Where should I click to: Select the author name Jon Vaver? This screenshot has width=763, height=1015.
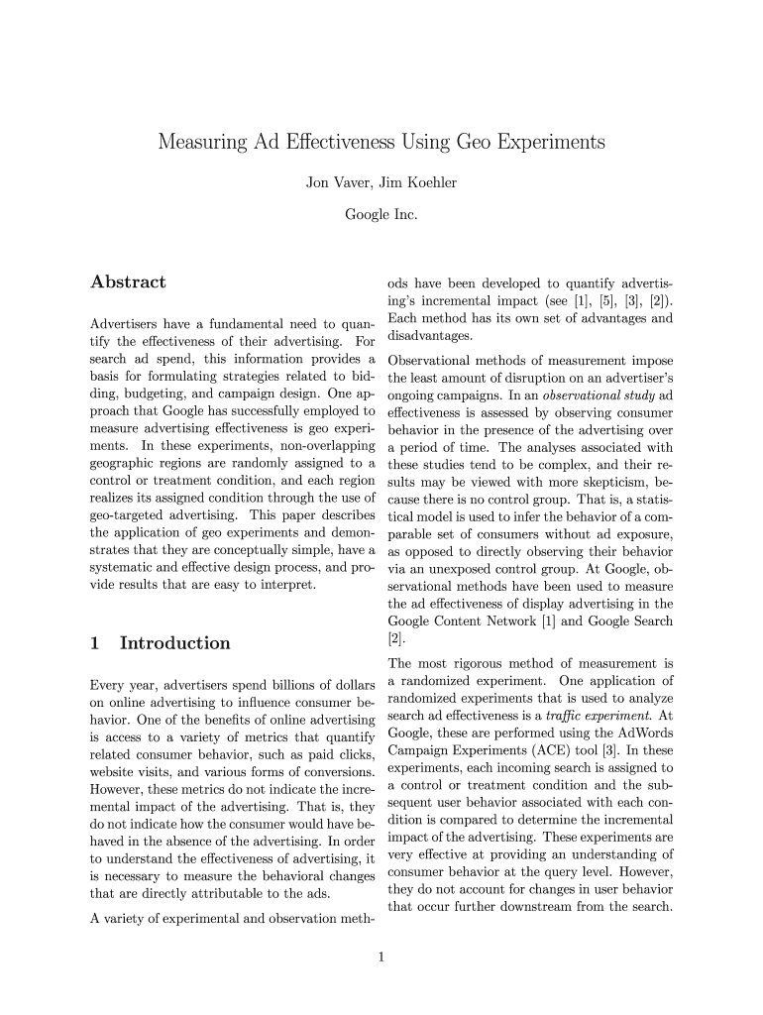pyautogui.click(x=340, y=182)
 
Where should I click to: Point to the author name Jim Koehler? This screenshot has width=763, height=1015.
pyautogui.click(x=418, y=182)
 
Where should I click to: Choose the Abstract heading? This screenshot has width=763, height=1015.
pyautogui.click(x=128, y=282)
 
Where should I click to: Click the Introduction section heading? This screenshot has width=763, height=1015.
pyautogui.click(x=174, y=643)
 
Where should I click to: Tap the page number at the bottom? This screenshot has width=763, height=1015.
pyautogui.click(x=381, y=957)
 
